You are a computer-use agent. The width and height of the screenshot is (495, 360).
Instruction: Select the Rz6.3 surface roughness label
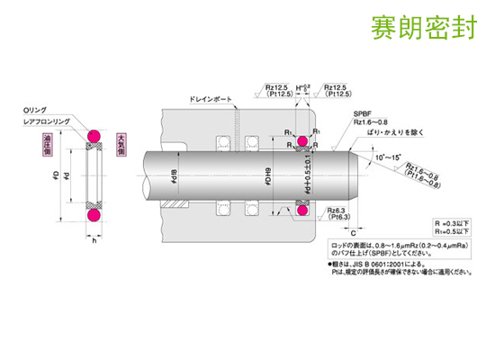tap(343, 208)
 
